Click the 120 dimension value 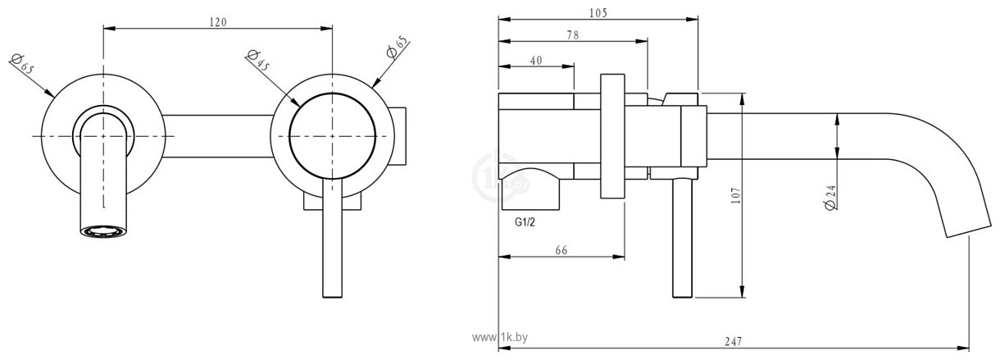coord(217,21)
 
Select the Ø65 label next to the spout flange coord(22,64)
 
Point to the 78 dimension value coord(572,34)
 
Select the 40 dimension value coord(536,60)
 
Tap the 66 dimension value coord(561,250)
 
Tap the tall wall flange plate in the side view coord(613,136)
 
